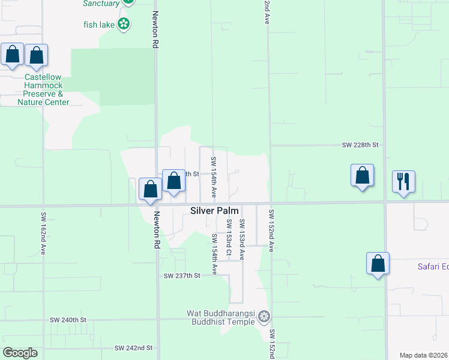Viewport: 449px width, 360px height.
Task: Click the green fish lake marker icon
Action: point(124,24)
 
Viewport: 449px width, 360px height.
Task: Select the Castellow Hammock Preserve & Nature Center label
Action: point(43,89)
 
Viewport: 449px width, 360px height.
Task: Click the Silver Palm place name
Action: point(214,211)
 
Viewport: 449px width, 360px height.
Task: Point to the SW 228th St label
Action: point(361,145)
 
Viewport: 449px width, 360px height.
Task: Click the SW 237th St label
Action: point(181,276)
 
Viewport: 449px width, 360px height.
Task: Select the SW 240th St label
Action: point(68,320)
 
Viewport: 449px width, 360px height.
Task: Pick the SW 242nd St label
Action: point(134,348)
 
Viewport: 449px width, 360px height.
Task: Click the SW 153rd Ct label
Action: point(229,238)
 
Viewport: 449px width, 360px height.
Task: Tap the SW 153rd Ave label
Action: point(243,239)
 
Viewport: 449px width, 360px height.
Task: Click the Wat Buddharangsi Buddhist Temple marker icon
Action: point(264,317)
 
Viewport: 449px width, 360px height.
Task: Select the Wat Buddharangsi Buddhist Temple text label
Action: point(222,317)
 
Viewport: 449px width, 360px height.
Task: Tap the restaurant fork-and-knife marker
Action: point(403,181)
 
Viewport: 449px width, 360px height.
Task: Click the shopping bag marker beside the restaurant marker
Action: point(362,175)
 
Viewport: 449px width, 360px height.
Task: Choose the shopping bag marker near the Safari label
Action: point(378,263)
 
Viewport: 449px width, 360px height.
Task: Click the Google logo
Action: point(20,353)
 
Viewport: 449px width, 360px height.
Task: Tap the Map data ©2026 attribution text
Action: point(424,355)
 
